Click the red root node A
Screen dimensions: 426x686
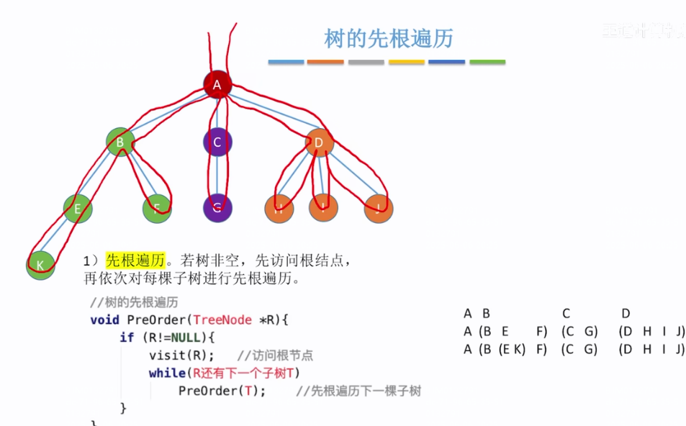(217, 85)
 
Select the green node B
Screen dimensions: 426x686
(120, 142)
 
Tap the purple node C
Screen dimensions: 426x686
(217, 142)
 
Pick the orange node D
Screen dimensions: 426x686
(319, 142)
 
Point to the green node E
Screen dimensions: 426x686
(77, 209)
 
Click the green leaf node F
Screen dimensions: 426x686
(157, 209)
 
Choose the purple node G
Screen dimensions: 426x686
(217, 209)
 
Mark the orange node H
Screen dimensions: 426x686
(279, 209)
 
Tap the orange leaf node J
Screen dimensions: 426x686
(378, 209)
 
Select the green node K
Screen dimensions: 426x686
(40, 266)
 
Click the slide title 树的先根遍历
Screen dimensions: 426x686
(389, 38)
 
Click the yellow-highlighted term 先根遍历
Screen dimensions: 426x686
(135, 260)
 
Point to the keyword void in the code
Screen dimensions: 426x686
(105, 319)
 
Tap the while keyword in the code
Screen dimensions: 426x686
(166, 373)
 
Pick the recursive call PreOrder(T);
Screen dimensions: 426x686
(222, 391)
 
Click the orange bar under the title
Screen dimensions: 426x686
(325, 63)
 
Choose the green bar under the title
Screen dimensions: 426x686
(487, 63)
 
